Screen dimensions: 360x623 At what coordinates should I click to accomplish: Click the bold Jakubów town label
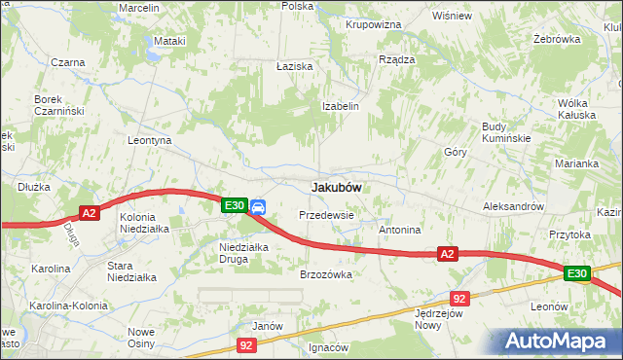[337, 187]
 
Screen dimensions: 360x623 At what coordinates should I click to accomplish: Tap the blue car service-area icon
[258, 206]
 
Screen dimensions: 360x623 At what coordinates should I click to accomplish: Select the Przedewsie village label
[326, 214]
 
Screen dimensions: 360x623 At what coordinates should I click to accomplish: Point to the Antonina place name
[399, 231]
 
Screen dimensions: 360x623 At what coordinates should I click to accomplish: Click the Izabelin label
[342, 106]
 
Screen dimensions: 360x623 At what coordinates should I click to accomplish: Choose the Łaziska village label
[294, 66]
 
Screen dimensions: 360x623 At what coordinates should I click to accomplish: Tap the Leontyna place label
[150, 140]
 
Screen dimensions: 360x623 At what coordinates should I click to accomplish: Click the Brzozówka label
[325, 274]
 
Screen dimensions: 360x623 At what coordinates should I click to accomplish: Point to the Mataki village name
[169, 41]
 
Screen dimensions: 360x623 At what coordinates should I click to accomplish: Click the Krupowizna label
[374, 23]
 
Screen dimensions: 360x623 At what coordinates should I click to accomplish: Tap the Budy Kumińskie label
[506, 132]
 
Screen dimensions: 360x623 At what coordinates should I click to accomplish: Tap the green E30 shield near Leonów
[577, 274]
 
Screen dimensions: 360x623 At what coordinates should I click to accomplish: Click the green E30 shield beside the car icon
[234, 205]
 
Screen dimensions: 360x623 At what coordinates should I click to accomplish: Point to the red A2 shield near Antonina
[447, 254]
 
